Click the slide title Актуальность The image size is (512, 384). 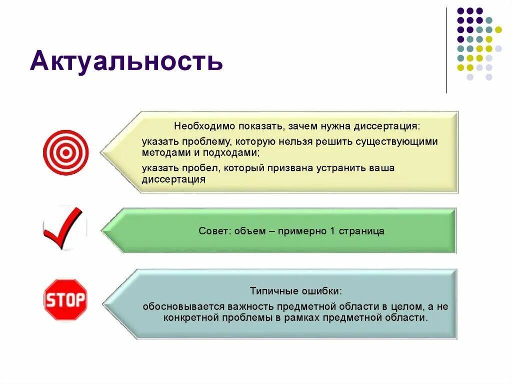tap(126, 62)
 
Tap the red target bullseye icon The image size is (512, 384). tap(65, 152)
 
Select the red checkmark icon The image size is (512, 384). tap(64, 229)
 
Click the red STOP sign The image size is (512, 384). tap(65, 300)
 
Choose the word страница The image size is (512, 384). tap(361, 231)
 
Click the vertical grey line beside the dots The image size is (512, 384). tap(446, 50)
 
